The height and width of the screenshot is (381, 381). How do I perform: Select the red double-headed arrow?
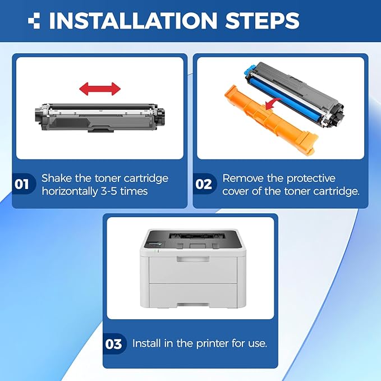tap(100, 89)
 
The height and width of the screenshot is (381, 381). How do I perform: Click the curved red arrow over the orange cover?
tap(273, 104)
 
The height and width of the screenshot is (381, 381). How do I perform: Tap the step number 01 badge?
tap(22, 184)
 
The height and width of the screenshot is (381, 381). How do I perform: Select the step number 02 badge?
tap(204, 184)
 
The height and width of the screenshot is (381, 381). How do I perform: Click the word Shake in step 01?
tap(57, 178)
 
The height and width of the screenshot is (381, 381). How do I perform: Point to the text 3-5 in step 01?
tap(109, 191)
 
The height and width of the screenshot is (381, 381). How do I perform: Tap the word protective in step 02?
tap(311, 178)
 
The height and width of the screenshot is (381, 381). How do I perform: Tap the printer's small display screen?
tap(156, 244)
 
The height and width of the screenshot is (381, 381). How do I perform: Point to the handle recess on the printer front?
tap(193, 259)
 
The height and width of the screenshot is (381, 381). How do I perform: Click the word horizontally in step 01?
tap(70, 191)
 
